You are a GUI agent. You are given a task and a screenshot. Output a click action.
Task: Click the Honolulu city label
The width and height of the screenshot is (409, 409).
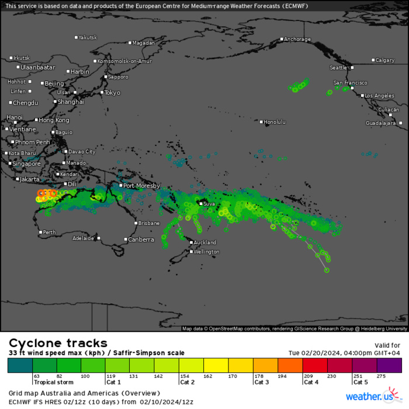coord(275,122)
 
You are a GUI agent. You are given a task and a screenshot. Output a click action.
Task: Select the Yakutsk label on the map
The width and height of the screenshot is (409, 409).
coord(88,37)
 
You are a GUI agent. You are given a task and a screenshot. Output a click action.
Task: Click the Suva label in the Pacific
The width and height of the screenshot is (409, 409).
coord(209,203)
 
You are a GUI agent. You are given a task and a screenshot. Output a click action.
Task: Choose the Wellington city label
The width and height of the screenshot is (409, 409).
coord(207,252)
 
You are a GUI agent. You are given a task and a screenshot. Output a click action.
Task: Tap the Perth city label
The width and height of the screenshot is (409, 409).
coord(50,233)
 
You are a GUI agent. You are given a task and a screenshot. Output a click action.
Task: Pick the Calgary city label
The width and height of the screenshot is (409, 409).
coord(385,60)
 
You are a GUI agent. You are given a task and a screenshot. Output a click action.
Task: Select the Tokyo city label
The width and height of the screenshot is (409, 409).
coord(112,93)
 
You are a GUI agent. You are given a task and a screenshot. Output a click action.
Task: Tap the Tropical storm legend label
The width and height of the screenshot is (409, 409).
coord(53,382)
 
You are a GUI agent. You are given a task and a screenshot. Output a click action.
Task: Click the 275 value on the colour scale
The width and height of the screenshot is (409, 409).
coord(382,376)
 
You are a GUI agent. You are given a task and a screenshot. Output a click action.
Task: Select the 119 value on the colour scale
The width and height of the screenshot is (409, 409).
coord(110,376)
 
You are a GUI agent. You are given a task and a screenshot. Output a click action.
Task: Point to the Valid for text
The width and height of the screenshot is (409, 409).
coord(387,345)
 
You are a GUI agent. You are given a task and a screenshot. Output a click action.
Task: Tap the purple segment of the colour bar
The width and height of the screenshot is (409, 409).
coord(389,365)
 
